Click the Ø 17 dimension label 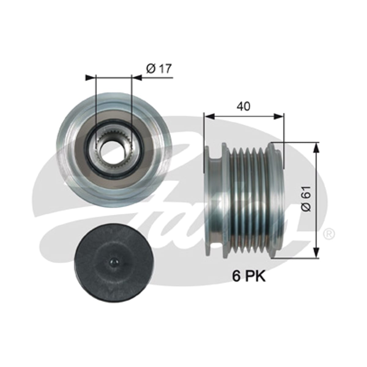(x=159, y=69)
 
